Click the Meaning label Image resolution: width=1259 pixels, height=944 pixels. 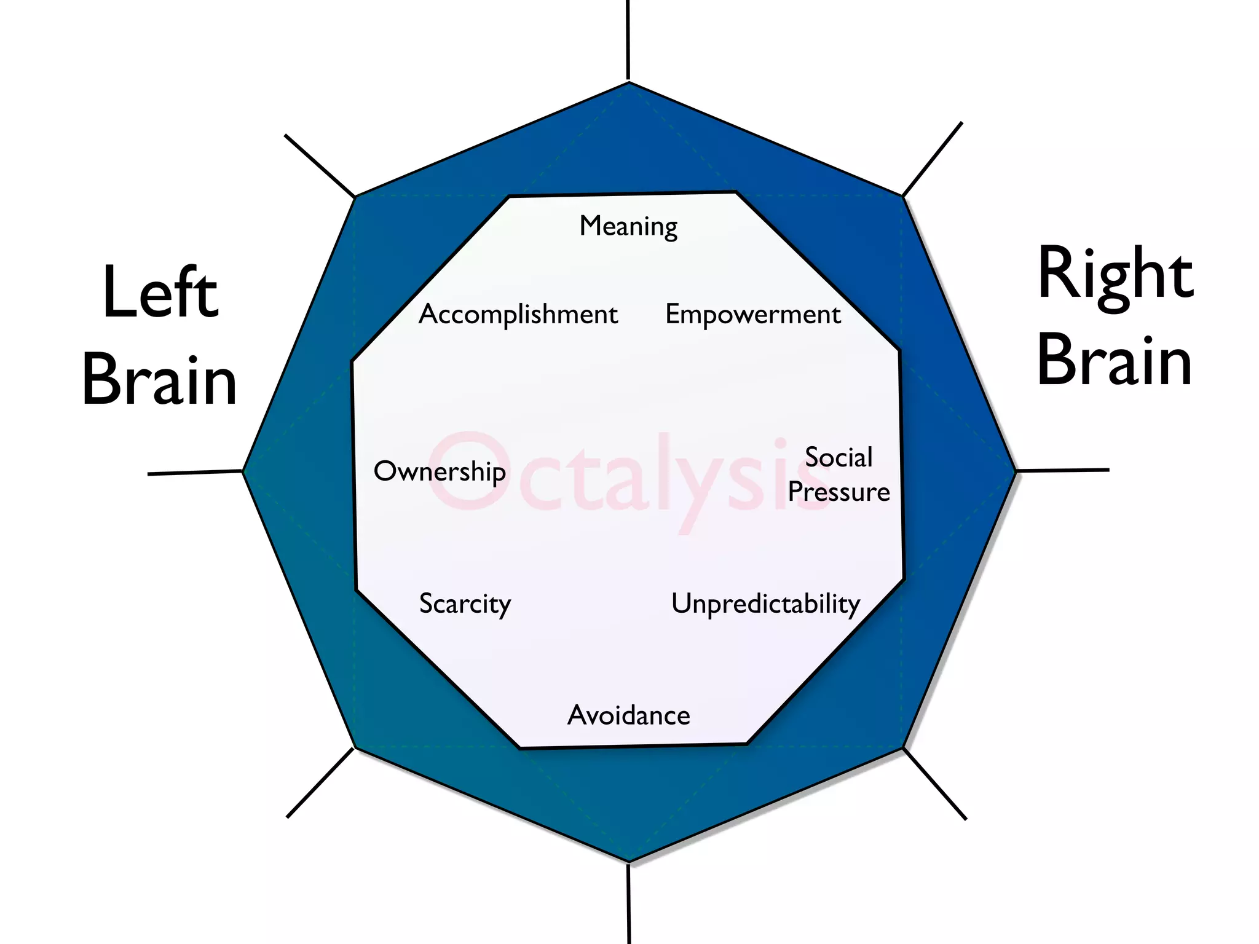pyautogui.click(x=628, y=226)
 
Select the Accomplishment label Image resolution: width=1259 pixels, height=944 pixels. pyautogui.click(x=518, y=314)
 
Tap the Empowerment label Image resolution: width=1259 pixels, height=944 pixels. pyautogui.click(x=753, y=314)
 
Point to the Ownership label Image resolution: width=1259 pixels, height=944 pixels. pyautogui.click(x=440, y=471)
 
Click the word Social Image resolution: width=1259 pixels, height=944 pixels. pyautogui.click(x=839, y=457)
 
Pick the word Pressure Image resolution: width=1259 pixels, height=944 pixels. pyautogui.click(x=839, y=492)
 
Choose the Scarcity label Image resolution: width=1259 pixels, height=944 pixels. pyautogui.click(x=465, y=604)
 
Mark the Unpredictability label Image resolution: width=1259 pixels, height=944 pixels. pyautogui.click(x=765, y=604)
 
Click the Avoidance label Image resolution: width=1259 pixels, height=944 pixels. pyautogui.click(x=628, y=715)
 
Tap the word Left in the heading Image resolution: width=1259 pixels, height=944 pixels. pyautogui.click(x=160, y=293)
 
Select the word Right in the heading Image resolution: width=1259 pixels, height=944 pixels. pyautogui.click(x=1115, y=274)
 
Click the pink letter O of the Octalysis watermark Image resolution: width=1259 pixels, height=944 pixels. pyautogui.click(x=468, y=471)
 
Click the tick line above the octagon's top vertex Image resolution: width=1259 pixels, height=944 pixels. pyautogui.click(x=628, y=40)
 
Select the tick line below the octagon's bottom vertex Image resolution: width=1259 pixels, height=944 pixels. pyautogui.click(x=628, y=903)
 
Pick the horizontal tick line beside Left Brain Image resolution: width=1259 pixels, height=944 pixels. pyautogui.click(x=195, y=473)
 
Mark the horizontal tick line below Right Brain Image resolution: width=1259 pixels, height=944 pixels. pyautogui.click(x=1062, y=470)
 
